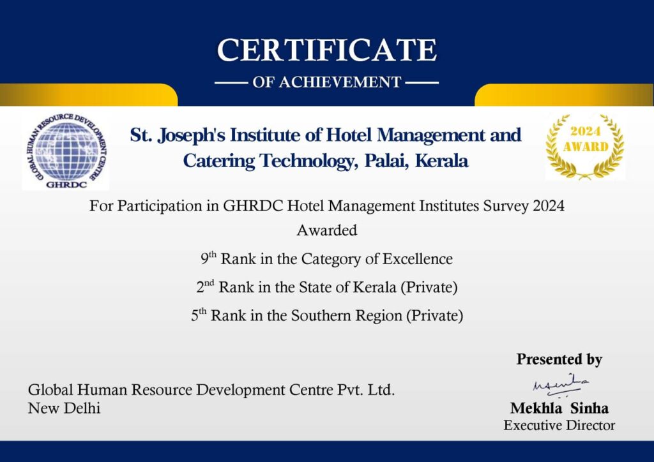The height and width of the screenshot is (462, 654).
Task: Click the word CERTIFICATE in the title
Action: point(327,50)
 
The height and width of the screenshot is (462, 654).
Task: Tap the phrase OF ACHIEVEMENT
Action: point(327,82)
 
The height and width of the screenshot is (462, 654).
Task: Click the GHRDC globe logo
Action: point(66,153)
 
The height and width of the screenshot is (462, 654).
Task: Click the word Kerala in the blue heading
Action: point(442,161)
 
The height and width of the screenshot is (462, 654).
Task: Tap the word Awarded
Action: point(327,230)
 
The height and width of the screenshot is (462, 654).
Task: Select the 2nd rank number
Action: point(205,287)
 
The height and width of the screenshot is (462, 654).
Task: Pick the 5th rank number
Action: point(199,315)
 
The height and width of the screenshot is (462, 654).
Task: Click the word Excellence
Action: point(418,258)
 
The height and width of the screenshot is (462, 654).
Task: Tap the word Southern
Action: point(321,315)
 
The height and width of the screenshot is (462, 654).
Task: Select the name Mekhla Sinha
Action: point(559,408)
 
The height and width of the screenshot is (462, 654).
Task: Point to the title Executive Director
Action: point(559,426)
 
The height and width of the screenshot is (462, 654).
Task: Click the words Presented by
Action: point(559,359)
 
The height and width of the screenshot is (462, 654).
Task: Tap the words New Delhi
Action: point(65,408)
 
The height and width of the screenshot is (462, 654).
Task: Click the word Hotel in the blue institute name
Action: point(349,135)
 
